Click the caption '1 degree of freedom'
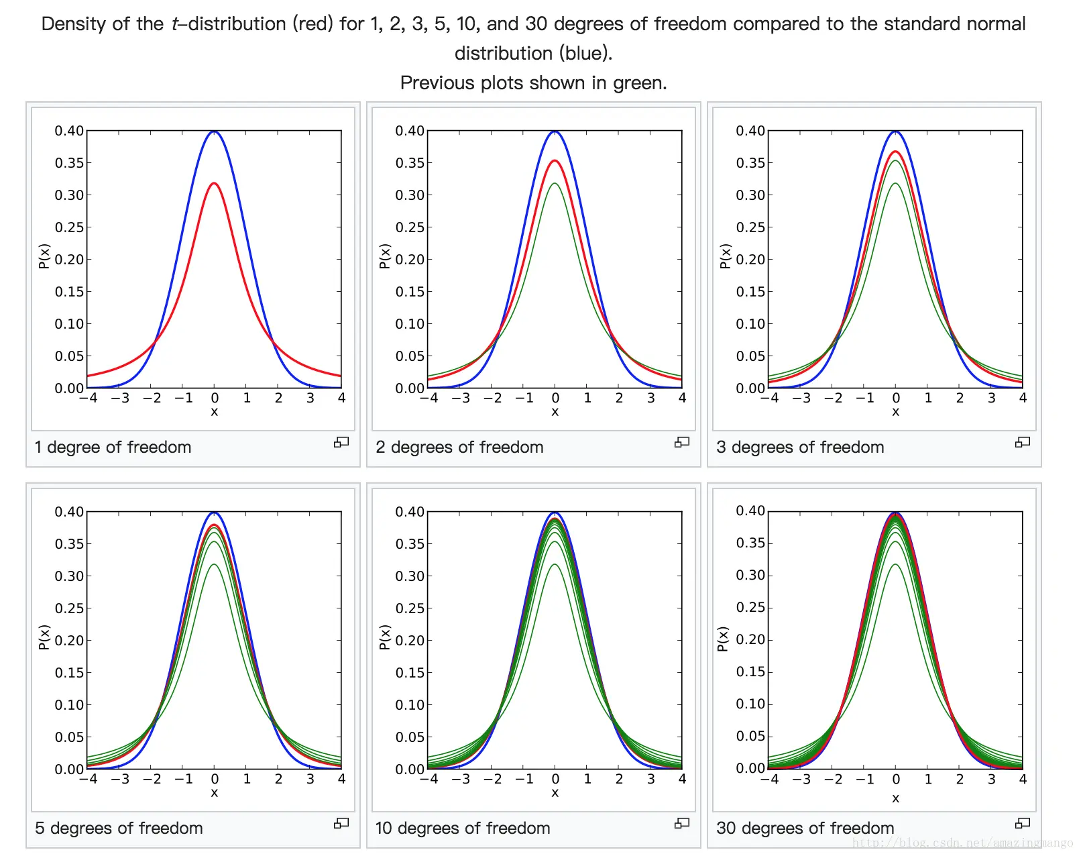coord(113,447)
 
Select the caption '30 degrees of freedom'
coord(805,828)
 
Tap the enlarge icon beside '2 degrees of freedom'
coord(682,442)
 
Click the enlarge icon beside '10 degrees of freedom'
coord(682,823)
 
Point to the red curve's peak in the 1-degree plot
coord(214,183)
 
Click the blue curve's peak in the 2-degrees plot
coord(555,131)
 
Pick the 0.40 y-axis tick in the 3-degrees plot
coord(750,131)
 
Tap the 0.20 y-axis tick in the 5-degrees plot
coord(69,641)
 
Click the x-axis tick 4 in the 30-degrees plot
coord(1023,780)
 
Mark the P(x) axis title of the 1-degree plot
coord(44,256)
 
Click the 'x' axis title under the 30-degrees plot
coord(895,798)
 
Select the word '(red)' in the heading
coord(313,24)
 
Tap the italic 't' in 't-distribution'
coord(176,24)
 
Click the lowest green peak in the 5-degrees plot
coord(214,565)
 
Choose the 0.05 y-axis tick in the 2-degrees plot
coord(410,356)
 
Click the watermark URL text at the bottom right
coord(962,843)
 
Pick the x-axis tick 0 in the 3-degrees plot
coord(895,398)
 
